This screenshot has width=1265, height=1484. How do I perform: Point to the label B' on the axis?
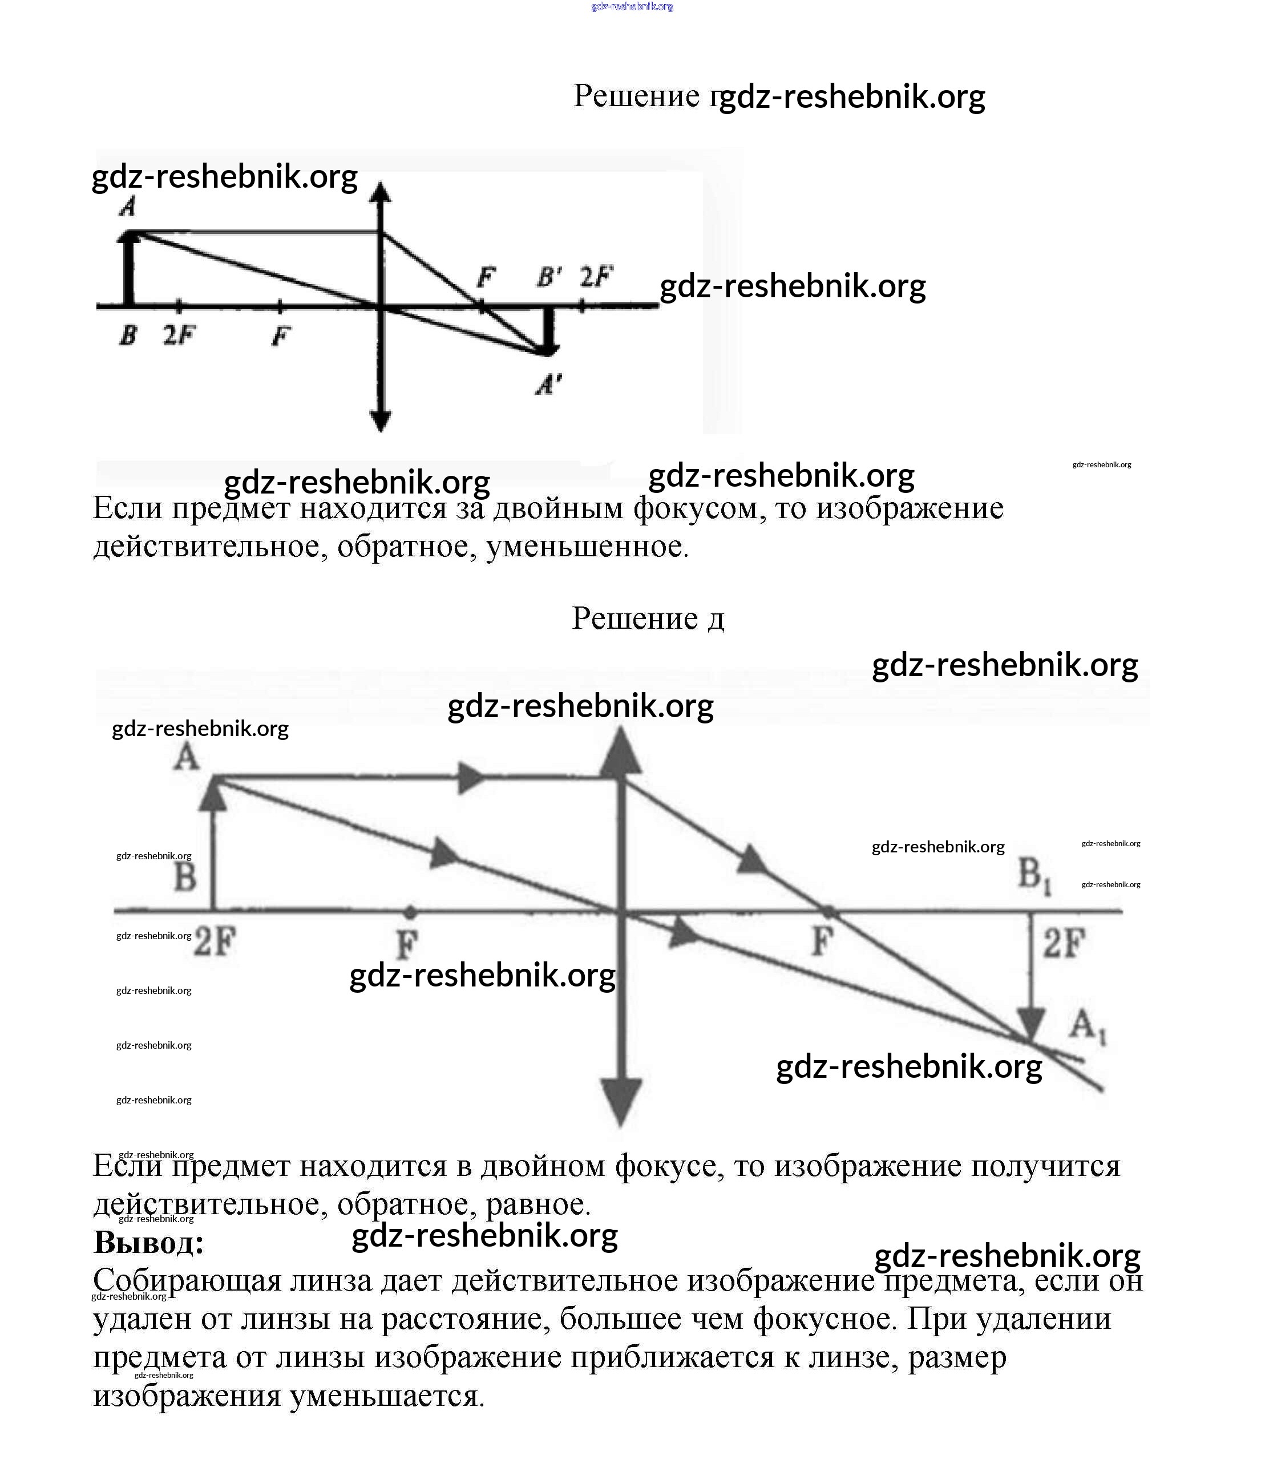549,277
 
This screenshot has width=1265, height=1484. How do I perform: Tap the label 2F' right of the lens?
596,277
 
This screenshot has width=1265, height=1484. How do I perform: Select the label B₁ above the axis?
1034,875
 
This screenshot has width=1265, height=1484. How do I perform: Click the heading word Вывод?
149,1243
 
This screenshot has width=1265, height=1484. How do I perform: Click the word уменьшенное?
587,547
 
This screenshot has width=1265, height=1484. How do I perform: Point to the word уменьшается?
387,1396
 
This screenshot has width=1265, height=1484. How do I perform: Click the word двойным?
559,508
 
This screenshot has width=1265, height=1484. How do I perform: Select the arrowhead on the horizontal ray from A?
470,778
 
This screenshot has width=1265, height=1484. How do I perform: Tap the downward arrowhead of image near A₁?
1030,1024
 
